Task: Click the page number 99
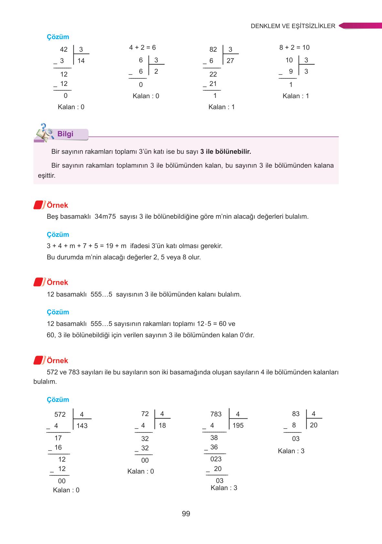pyautogui.click(x=186, y=514)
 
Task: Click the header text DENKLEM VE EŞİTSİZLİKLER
pyautogui.click(x=293, y=26)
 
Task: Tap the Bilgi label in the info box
pyautogui.click(x=65, y=134)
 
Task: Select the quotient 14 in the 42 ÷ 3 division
pyautogui.click(x=81, y=61)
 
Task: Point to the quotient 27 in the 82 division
pyautogui.click(x=230, y=61)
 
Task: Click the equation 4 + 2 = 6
pyautogui.click(x=142, y=47)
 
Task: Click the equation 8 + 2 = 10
pyautogui.click(x=294, y=47)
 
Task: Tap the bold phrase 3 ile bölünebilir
pyautogui.click(x=226, y=152)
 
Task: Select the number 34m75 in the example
pyautogui.click(x=105, y=216)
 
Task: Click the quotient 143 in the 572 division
pyautogui.click(x=82, y=426)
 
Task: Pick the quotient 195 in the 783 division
pyautogui.click(x=238, y=425)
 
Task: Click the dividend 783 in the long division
pyautogui.click(x=216, y=414)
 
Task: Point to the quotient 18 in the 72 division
pyautogui.click(x=162, y=425)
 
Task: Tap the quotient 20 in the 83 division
pyautogui.click(x=313, y=425)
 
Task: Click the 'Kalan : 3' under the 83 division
pyautogui.click(x=291, y=451)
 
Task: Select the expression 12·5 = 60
pyautogui.click(x=212, y=324)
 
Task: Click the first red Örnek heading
pyautogui.click(x=57, y=205)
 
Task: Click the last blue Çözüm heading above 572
pyautogui.click(x=58, y=400)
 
